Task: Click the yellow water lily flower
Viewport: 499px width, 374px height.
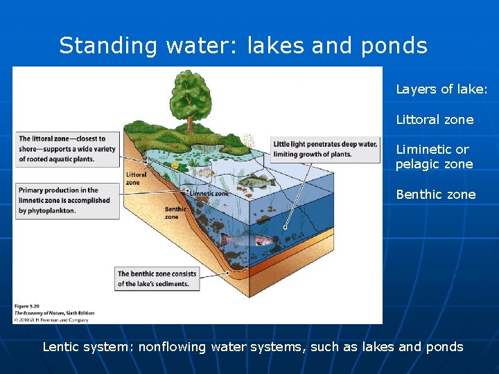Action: [x=175, y=166]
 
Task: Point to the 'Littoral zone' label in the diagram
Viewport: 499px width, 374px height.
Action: [x=136, y=179]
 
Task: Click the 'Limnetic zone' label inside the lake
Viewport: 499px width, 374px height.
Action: [x=209, y=194]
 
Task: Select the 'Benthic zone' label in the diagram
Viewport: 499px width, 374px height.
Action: [x=174, y=213]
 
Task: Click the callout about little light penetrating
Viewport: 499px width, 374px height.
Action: [x=325, y=149]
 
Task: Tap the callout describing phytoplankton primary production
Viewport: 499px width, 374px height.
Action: [x=67, y=200]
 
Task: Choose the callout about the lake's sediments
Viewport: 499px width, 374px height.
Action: [x=157, y=278]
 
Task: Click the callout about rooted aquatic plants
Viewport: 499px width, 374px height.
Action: [x=67, y=149]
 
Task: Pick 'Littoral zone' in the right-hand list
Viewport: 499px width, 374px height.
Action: [x=435, y=120]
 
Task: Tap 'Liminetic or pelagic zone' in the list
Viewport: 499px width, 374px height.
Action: [x=434, y=157]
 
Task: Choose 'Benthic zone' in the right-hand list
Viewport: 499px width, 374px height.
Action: [x=435, y=195]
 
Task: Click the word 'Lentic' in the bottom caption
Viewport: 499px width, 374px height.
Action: [x=61, y=347]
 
